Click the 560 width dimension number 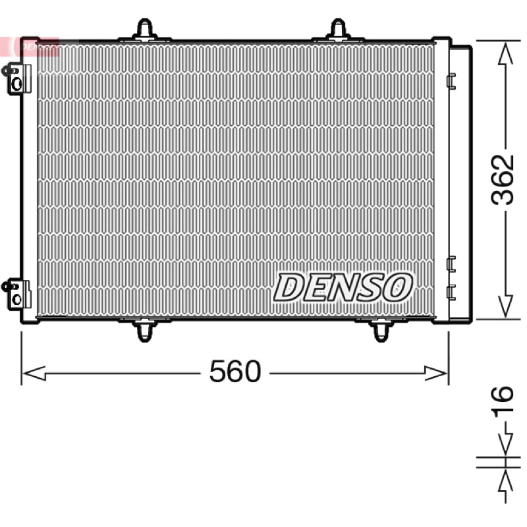tap(235, 371)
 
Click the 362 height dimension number tap(503, 180)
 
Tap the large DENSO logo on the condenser tap(343, 287)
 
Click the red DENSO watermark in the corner tap(30, 46)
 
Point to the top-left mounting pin tap(145, 30)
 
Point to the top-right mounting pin tap(338, 30)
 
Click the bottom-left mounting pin tap(145, 330)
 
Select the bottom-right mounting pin tap(381, 330)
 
